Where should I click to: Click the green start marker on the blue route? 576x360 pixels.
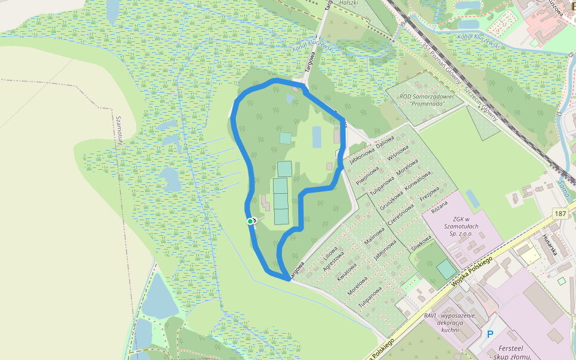tap(251, 221)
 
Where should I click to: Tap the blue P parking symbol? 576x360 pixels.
tap(490, 334)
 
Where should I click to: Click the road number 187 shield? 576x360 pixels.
tap(560, 214)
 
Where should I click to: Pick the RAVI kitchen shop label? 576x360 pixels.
tap(449, 322)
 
